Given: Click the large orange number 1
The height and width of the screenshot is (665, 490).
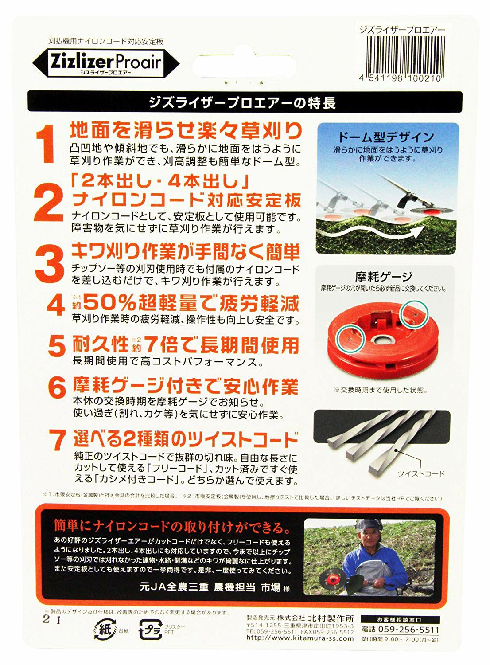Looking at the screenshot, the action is pyautogui.click(x=45, y=144).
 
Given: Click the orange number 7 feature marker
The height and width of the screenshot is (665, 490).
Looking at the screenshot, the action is pyautogui.click(x=57, y=440).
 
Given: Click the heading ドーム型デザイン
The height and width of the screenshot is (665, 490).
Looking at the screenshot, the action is pyautogui.click(x=386, y=137).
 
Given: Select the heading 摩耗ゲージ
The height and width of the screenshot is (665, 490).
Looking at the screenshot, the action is pyautogui.click(x=384, y=276).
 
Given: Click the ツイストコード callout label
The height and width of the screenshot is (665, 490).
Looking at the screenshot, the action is pyautogui.click(x=421, y=473).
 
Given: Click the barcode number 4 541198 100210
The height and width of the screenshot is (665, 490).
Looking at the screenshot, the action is pyautogui.click(x=401, y=79).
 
